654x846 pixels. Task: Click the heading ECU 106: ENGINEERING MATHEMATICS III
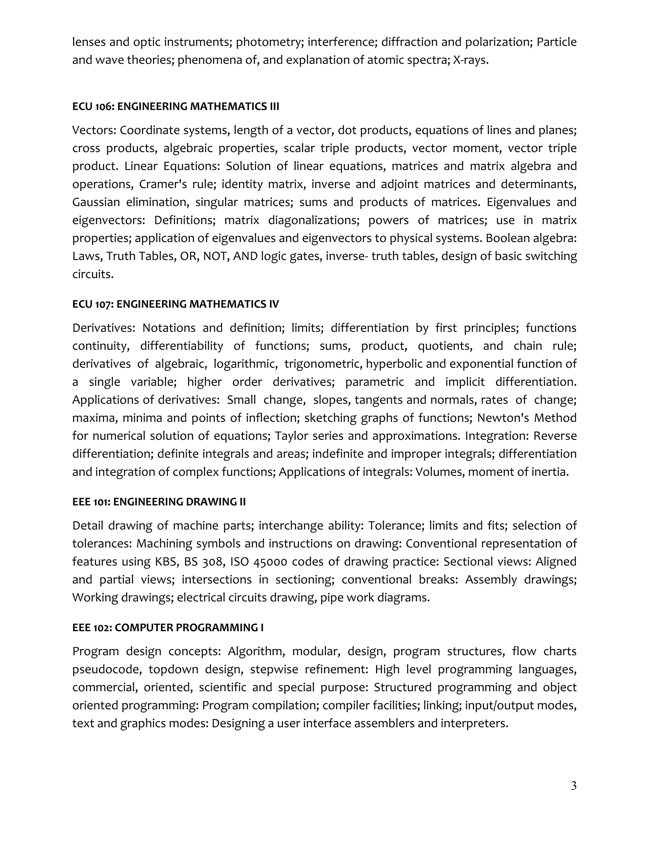[176, 107]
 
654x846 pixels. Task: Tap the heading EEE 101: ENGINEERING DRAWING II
[159, 502]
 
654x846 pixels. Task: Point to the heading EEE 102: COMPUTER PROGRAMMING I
[168, 628]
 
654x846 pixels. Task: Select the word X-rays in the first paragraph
[470, 60]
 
